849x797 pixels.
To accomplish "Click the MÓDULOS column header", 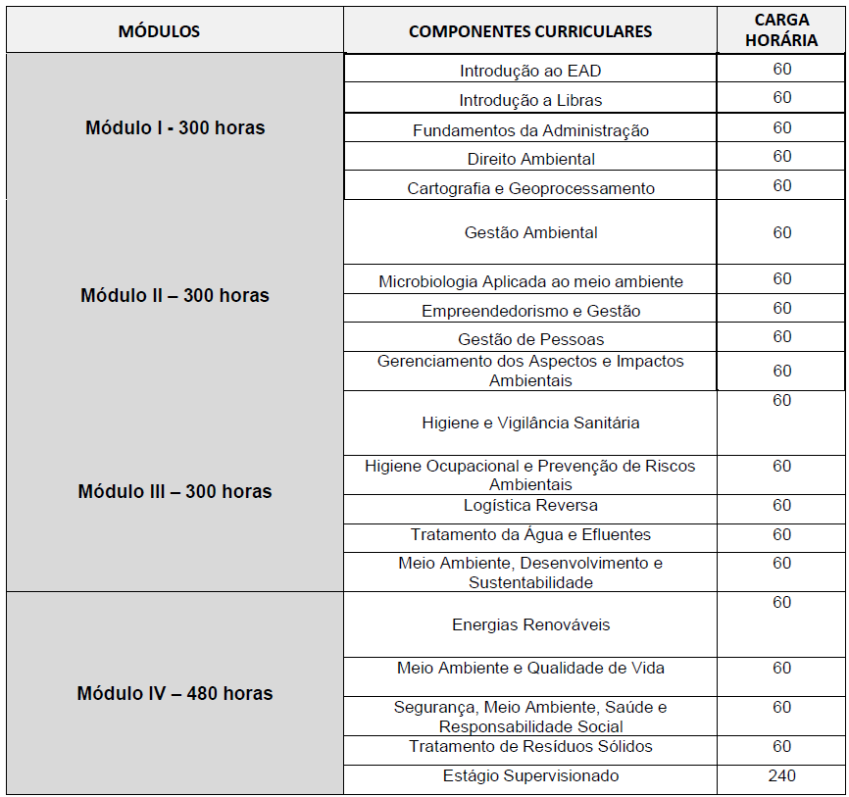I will point(159,31).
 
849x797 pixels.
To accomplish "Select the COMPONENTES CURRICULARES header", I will point(529,31).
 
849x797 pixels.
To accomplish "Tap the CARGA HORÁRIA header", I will point(781,30).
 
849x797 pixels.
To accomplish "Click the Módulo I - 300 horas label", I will point(175,128).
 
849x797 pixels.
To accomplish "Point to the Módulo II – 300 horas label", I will point(175,295).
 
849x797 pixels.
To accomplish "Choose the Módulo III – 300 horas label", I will point(175,491).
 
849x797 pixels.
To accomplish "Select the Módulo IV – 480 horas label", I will point(175,693).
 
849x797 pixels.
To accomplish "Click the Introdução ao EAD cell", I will point(530,72).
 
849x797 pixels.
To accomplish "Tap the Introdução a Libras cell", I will point(530,100).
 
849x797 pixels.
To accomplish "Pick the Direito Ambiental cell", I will point(530,159).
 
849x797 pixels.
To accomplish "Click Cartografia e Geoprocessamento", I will point(530,188).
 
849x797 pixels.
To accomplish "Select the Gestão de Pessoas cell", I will point(530,339).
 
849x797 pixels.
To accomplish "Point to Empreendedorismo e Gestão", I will point(530,311).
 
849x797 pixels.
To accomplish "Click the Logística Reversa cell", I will point(530,506).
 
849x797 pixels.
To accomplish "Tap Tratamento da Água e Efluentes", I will point(530,535).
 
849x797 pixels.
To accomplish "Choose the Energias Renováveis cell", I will point(530,624).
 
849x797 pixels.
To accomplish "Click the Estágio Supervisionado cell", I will point(530,776).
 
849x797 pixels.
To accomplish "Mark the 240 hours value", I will point(781,775).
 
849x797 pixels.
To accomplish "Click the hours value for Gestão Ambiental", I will point(781,232).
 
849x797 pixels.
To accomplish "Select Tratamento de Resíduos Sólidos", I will point(530,747).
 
